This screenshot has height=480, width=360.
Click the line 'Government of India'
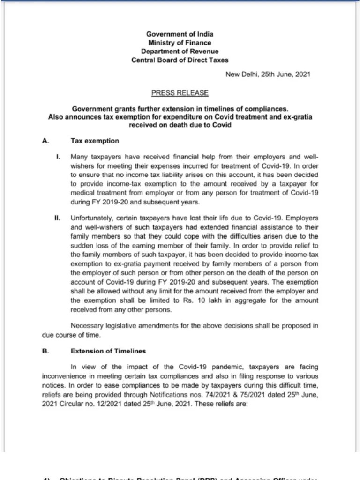(x=180, y=34)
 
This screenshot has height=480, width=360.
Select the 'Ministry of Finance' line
(x=180, y=43)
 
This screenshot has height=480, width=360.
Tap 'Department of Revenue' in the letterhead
(x=180, y=51)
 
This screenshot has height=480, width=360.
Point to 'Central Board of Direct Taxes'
(x=180, y=60)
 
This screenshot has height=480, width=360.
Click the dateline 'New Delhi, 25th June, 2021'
(x=268, y=74)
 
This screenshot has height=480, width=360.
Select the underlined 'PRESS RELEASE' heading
(x=180, y=93)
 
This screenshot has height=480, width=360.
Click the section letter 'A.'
(x=45, y=141)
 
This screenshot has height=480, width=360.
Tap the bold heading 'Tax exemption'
(x=95, y=141)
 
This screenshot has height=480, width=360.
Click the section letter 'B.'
(x=45, y=351)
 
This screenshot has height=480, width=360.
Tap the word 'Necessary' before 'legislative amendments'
(x=86, y=326)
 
